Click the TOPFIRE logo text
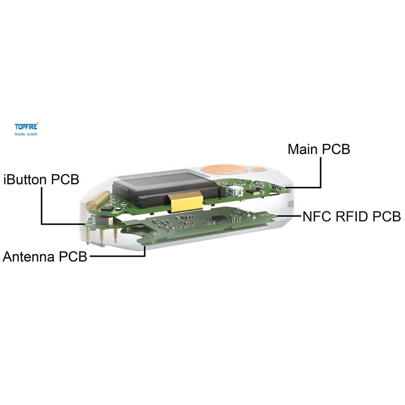point(27,126)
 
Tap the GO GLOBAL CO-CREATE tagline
point(26,134)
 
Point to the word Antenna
point(29,256)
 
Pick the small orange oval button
point(259,170)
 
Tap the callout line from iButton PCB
point(41,207)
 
